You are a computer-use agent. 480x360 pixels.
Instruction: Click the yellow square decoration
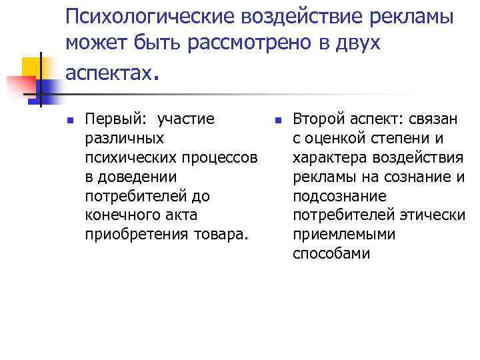pos(31,67)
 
